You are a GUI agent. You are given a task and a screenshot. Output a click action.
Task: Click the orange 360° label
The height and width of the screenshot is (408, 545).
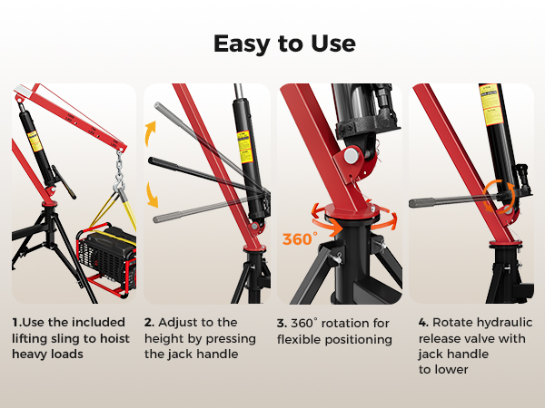(300, 239)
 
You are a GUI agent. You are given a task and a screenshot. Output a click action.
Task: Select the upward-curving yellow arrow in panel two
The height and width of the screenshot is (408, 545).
(150, 133)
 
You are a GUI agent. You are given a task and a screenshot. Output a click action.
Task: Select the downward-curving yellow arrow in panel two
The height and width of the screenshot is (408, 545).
(152, 195)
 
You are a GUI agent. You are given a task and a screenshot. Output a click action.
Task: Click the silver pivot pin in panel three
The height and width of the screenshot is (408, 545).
(352, 155)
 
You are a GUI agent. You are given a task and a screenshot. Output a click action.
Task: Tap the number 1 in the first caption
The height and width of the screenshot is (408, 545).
(15, 322)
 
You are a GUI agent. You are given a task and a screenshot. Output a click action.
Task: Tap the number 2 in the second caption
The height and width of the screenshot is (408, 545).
(149, 322)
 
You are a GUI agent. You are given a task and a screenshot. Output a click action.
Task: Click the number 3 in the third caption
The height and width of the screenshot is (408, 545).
(282, 324)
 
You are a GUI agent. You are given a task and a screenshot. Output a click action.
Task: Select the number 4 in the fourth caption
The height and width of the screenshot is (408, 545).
(423, 322)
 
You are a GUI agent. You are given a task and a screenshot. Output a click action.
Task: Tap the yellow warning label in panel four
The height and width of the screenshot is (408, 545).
(491, 105)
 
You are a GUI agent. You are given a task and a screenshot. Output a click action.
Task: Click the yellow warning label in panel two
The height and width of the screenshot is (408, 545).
(245, 147)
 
